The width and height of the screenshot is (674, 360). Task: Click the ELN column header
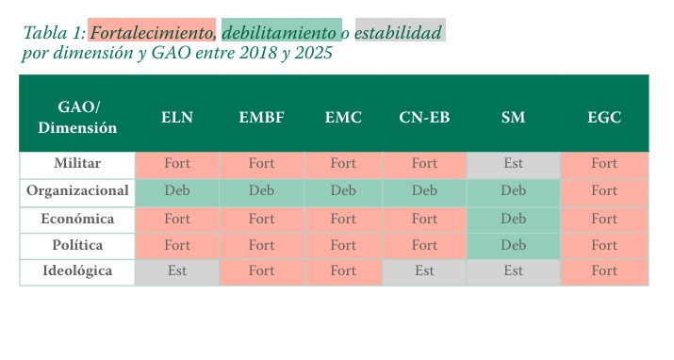tap(176, 117)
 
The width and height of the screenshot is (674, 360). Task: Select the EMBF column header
tap(261, 117)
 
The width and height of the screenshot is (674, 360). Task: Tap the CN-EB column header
tap(424, 117)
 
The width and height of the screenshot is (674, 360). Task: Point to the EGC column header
tap(604, 117)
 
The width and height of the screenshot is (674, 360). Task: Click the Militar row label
tap(77, 163)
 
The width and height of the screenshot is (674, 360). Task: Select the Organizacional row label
tap(77, 190)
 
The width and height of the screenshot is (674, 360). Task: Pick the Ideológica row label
tap(77, 270)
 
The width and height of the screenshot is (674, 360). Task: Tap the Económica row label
tap(77, 219)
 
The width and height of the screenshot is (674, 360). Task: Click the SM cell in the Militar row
tap(513, 165)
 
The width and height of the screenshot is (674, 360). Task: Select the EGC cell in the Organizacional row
tap(604, 193)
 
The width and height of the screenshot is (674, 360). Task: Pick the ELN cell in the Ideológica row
tap(177, 272)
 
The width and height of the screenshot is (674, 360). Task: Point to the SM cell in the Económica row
tap(513, 221)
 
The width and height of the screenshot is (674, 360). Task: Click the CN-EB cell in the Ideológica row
tap(424, 272)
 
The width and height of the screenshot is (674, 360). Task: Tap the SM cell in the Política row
tap(513, 247)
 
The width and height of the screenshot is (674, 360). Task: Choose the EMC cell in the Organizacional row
tap(343, 193)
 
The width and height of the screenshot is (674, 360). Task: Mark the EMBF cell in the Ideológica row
tap(261, 272)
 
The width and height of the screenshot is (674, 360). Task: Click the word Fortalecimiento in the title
tap(152, 33)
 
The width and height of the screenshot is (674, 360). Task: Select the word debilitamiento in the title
tap(279, 33)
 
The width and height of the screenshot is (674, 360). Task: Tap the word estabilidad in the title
tap(398, 33)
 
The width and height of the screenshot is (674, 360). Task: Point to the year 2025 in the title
tap(313, 53)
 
